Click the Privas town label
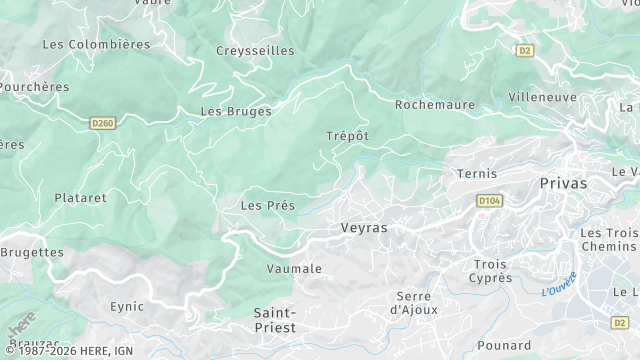[563, 184]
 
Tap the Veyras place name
[363, 228]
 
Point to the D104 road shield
[487, 201]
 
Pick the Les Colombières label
[96, 44]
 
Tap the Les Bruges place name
[236, 111]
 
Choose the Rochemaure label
[432, 104]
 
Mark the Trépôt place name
[347, 136]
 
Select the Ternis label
[476, 174]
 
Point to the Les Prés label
[267, 205]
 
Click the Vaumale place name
[294, 269]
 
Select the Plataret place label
[80, 198]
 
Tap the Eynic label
[127, 307]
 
